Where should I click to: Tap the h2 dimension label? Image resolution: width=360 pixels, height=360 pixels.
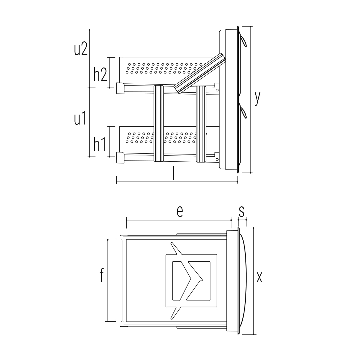point(100,74)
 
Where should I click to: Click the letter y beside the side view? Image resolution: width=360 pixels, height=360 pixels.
point(257,98)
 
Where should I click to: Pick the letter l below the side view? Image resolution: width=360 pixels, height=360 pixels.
point(173,173)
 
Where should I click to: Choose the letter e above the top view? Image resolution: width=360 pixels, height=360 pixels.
point(179,212)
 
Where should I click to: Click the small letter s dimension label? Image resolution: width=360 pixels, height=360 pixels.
point(241,212)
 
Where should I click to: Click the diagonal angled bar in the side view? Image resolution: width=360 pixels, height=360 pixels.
point(200,73)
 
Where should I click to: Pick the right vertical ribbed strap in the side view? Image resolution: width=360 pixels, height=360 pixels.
point(201,124)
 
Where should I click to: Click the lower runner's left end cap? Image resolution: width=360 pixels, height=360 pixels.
point(120,158)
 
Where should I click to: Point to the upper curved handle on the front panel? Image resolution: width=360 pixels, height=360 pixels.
point(243,41)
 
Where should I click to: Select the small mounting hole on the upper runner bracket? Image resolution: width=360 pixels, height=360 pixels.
point(217,90)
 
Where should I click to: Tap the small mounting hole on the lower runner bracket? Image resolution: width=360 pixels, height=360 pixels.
point(217,159)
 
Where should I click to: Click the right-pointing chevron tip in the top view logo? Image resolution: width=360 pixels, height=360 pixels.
point(203,280)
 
